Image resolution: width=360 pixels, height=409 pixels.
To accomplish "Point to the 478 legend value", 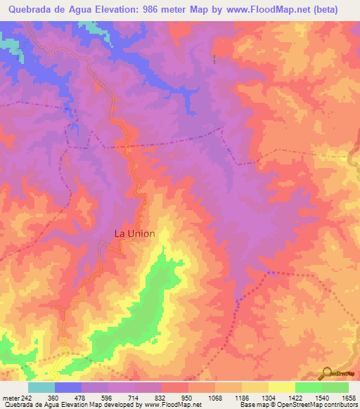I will coord(82,397).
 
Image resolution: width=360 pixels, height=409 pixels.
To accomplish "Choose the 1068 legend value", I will coord(215,397).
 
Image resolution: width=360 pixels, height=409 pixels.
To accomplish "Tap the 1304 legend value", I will coord(269,397).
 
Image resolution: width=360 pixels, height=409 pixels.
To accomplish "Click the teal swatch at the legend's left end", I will coord(41,387).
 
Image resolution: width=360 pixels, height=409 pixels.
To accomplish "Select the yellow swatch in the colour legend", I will coord(281,387).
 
